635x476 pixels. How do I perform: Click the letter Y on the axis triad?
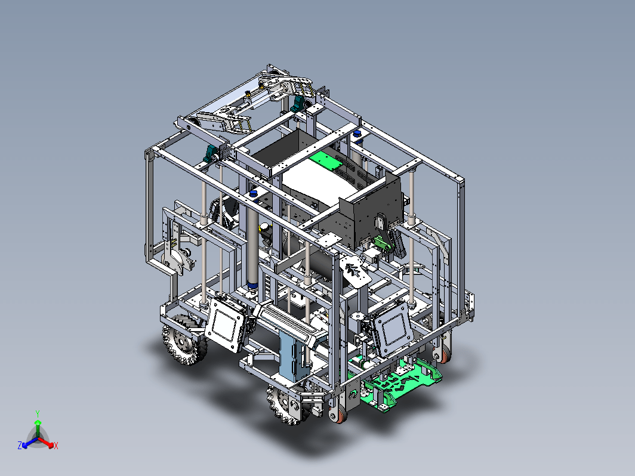coord(38,414)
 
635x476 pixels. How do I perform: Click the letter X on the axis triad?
coord(56,446)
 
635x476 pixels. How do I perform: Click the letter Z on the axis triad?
coord(20,445)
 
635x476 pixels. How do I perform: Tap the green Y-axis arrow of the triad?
coord(38,428)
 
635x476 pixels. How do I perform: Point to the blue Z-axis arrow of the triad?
coord(30,443)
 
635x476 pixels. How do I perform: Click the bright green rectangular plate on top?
coord(326,160)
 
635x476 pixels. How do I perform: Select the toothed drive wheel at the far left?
coord(184,339)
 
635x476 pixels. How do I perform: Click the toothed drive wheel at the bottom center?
coord(286,404)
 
